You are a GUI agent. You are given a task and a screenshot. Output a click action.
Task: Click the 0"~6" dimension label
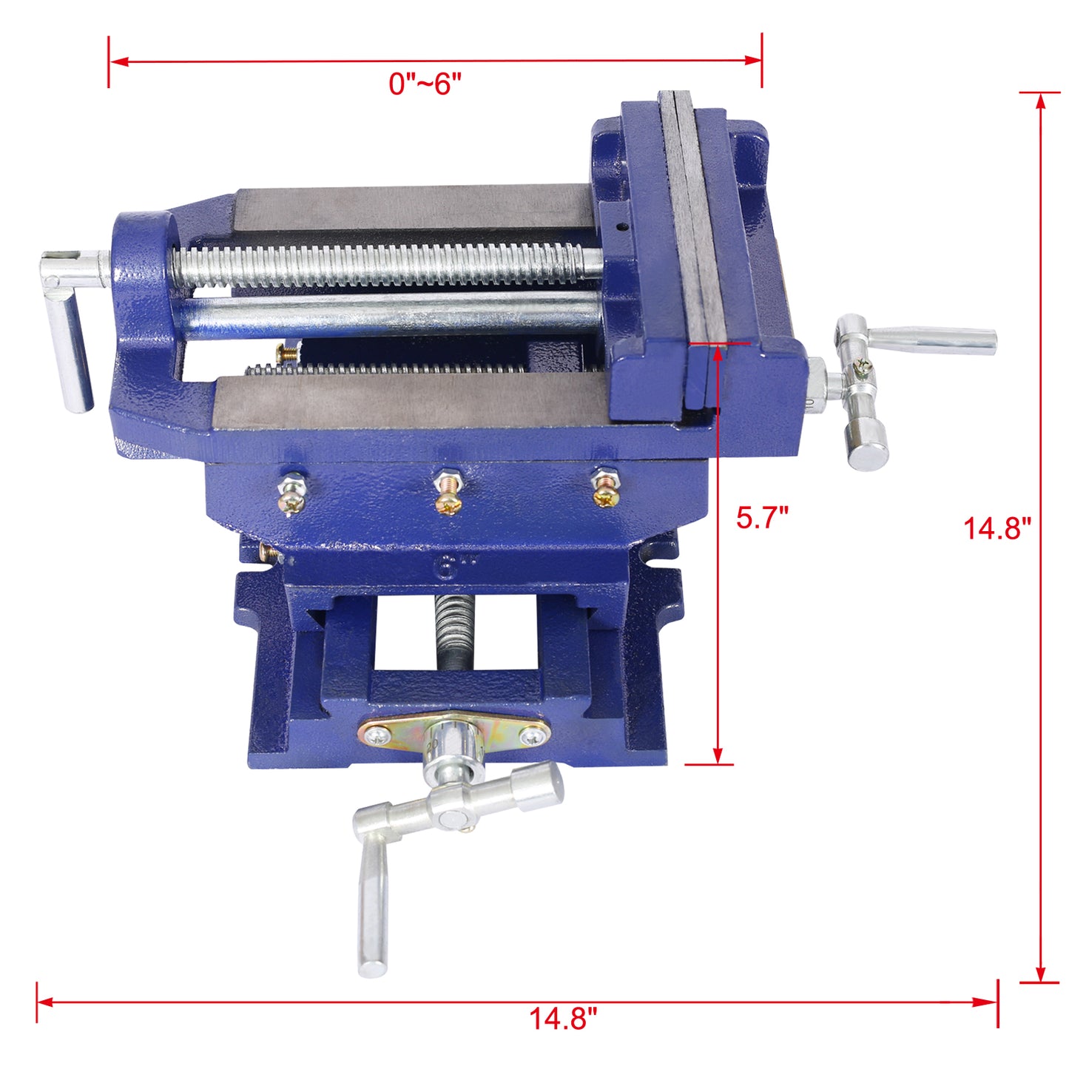pos(425,84)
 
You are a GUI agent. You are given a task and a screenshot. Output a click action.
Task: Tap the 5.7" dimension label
pos(762,517)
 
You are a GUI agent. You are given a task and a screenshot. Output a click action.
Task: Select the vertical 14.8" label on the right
pos(997,528)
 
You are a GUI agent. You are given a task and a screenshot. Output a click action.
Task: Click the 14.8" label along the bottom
pos(562,1019)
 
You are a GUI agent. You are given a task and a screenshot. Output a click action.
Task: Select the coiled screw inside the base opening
pos(448,621)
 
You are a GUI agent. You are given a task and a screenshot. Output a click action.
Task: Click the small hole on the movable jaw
pos(621,227)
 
